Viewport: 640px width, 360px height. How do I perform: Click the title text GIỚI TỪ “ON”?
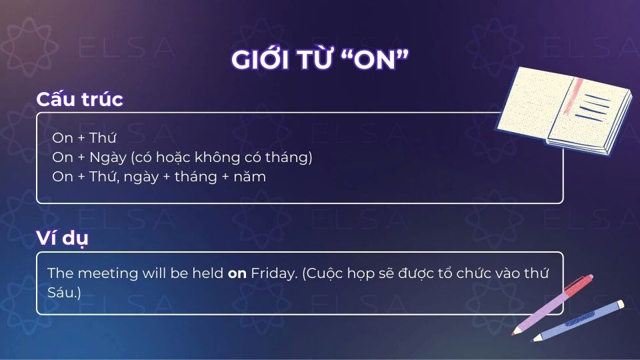319,60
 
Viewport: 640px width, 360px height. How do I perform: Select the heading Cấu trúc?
79,99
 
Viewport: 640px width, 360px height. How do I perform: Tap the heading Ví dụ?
61,238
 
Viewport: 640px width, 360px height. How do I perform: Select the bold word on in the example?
237,273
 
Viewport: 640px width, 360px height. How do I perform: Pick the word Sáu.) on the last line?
65,292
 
